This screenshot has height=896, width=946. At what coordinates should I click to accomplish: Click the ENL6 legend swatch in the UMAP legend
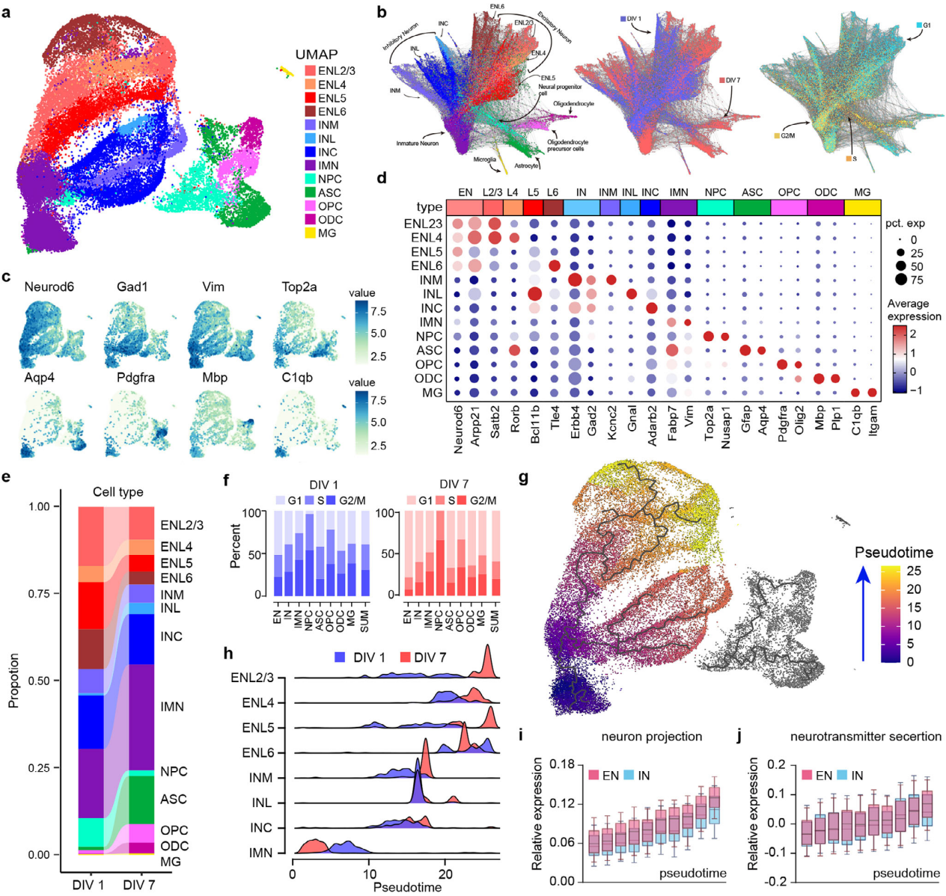310,111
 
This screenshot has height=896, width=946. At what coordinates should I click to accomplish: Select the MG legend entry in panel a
326,233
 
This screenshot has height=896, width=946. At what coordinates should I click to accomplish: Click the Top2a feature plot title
299,286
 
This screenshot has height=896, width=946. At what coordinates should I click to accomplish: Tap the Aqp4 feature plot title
39,377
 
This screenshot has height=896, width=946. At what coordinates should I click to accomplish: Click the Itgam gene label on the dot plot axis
873,419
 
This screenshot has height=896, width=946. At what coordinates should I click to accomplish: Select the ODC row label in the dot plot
429,378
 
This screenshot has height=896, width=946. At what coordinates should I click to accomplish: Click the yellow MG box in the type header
862,206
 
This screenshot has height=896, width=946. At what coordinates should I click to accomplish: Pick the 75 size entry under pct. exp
900,280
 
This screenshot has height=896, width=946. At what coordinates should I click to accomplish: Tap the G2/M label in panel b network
787,135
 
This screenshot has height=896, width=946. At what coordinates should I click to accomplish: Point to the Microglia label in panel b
484,159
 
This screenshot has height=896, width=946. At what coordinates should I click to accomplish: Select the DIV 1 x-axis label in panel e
88,885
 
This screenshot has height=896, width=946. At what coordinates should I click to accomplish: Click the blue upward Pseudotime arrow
863,613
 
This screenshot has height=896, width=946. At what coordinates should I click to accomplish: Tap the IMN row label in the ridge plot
260,853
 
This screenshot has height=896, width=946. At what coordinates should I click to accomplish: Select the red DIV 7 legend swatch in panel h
405,657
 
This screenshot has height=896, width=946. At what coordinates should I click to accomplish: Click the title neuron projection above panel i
651,736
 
